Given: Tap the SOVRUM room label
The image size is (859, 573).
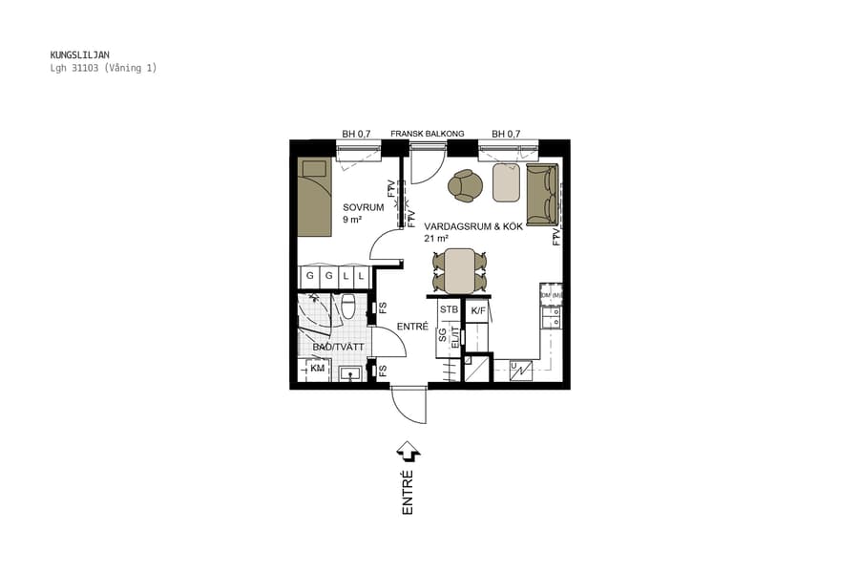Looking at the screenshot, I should point(363,207).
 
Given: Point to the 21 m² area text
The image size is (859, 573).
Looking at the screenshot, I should point(438,238).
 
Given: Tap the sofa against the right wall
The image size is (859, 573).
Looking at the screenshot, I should point(541,194).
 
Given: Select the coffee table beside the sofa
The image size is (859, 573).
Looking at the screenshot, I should point(506,182).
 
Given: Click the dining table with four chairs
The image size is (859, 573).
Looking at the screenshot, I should point(460,270).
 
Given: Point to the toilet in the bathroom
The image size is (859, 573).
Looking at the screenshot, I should point(348,307).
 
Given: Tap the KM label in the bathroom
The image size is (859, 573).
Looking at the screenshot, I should point(317,368).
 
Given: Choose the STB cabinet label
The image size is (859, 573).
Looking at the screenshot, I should point(449,309).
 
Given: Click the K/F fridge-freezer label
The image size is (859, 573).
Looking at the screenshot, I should point(479,310).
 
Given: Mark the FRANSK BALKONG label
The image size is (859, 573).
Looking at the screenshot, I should point(427,134).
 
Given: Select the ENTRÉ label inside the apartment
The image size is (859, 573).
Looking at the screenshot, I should point(412,327).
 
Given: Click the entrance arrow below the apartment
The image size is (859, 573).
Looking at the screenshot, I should point(409,450).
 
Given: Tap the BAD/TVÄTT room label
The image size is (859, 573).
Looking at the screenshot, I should point(338,347).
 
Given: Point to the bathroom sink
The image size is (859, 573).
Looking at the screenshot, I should point(349,373).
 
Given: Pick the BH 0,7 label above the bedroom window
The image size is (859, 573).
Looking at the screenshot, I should point(356,134).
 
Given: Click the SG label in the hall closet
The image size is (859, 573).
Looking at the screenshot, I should point(443,335).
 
